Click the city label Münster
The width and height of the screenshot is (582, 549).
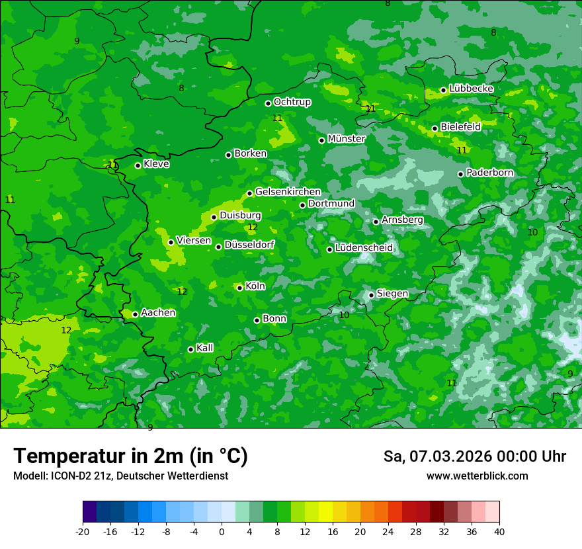click(346, 139)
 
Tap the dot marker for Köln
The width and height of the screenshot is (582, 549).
click(239, 288)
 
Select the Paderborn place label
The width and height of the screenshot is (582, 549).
click(489, 173)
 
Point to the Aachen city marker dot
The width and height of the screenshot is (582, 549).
click(135, 314)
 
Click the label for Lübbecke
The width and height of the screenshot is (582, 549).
click(471, 89)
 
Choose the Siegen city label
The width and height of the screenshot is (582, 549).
click(392, 294)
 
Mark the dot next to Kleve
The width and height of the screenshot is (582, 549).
click(138, 165)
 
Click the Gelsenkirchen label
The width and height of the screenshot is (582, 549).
click(288, 192)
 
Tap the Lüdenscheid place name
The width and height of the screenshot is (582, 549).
click(364, 248)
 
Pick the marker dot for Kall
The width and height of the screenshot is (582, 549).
click(190, 349)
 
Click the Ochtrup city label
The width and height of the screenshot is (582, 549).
click(292, 102)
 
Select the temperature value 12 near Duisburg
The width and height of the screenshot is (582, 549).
click(252, 228)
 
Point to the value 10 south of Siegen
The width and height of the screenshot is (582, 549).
click(344, 316)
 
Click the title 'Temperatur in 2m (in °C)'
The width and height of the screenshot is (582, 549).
click(130, 456)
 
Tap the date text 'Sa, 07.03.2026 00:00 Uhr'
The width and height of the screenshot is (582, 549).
click(474, 456)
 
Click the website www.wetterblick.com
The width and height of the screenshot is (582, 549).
click(477, 476)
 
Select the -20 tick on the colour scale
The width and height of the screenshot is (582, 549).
click(83, 532)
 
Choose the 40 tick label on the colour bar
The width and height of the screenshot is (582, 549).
click(499, 532)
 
